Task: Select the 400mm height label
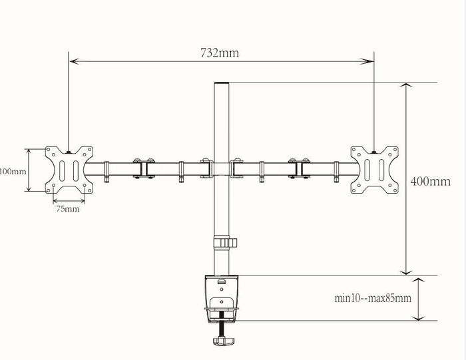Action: click(x=430, y=181)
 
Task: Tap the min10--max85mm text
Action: click(x=372, y=298)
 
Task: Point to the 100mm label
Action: click(x=13, y=171)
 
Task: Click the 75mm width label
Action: click(x=68, y=209)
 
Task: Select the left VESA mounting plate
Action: click(x=69, y=170)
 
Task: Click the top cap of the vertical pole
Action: click(x=220, y=85)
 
